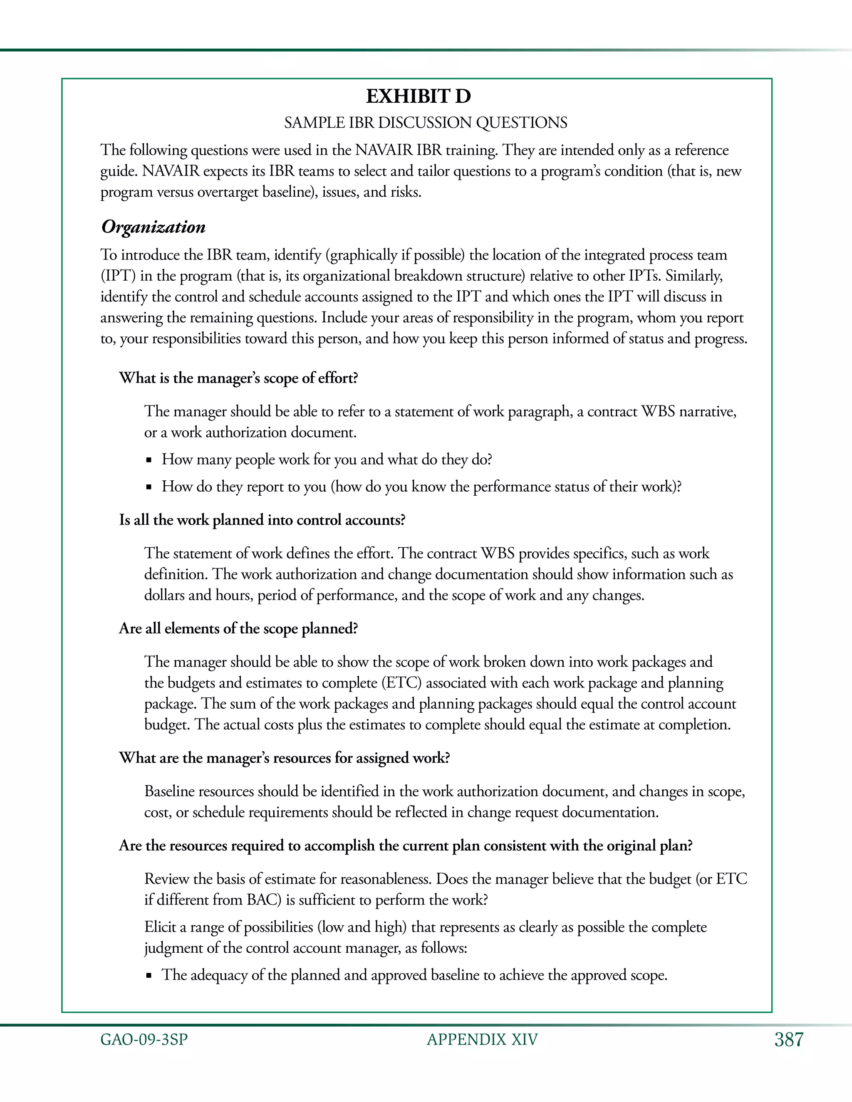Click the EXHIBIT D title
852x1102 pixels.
(418, 96)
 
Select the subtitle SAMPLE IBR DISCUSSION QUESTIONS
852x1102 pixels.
(426, 123)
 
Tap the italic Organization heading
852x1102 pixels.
(154, 227)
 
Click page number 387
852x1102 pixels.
(788, 1040)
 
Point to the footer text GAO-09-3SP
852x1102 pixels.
(144, 1040)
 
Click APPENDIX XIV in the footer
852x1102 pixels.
(482, 1040)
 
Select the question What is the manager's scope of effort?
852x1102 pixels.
(238, 378)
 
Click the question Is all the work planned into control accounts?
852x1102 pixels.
(262, 520)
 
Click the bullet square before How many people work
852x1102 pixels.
(149, 460)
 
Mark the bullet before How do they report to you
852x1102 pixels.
(149, 487)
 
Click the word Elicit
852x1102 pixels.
(160, 927)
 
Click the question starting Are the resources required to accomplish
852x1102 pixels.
(405, 846)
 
